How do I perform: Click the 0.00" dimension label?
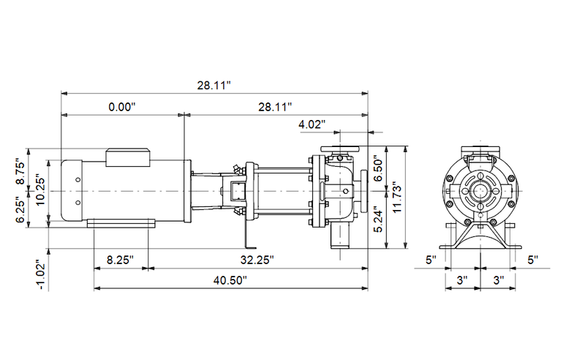click(x=122, y=107)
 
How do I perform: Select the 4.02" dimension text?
click(x=312, y=125)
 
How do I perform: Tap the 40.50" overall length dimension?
click(x=230, y=280)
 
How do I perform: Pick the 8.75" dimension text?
click(x=22, y=173)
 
